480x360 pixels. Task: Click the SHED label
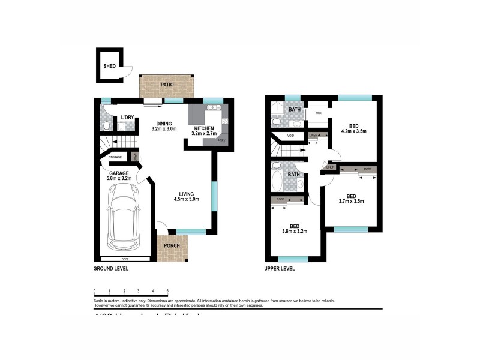pos(109,67)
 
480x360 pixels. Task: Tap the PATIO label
pos(167,85)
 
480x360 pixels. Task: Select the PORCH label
pos(172,246)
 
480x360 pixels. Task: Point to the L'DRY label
pos(127,117)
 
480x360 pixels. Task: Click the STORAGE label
pos(115,158)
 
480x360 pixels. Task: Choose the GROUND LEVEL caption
pos(111,269)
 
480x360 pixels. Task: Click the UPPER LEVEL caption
pos(280,269)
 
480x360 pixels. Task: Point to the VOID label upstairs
pos(290,136)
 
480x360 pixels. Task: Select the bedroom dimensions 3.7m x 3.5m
pos(352,201)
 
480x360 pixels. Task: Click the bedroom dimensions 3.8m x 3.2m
pos(294,230)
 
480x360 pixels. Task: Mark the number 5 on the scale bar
pos(167,291)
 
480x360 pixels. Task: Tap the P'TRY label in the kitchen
pos(221,141)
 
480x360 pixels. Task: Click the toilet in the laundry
pos(106,125)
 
